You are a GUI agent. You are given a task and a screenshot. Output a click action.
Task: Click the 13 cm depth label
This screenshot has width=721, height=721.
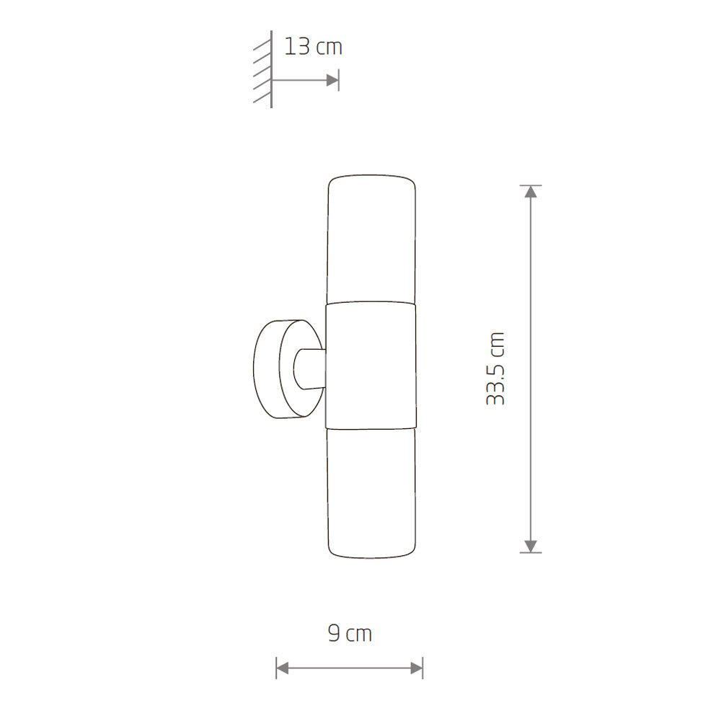pyautogui.click(x=313, y=47)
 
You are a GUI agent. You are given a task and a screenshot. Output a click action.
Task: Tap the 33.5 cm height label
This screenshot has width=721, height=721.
pyautogui.click(x=496, y=368)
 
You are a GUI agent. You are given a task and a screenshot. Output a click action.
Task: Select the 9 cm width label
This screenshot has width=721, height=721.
pyautogui.click(x=350, y=634)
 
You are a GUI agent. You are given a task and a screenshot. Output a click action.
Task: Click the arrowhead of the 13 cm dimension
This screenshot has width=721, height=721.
pyautogui.click(x=332, y=81)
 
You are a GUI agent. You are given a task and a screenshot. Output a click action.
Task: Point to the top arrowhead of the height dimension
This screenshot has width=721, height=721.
pyautogui.click(x=531, y=192)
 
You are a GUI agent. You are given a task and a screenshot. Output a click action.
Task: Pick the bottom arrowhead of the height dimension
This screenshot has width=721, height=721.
pyautogui.click(x=531, y=546)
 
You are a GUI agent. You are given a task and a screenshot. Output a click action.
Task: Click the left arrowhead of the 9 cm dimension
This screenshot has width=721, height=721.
pyautogui.click(x=283, y=668)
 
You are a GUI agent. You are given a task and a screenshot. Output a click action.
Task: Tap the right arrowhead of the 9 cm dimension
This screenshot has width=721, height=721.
pyautogui.click(x=417, y=668)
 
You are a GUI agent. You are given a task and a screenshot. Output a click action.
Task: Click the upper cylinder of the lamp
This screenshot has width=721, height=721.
pyautogui.click(x=371, y=239)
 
